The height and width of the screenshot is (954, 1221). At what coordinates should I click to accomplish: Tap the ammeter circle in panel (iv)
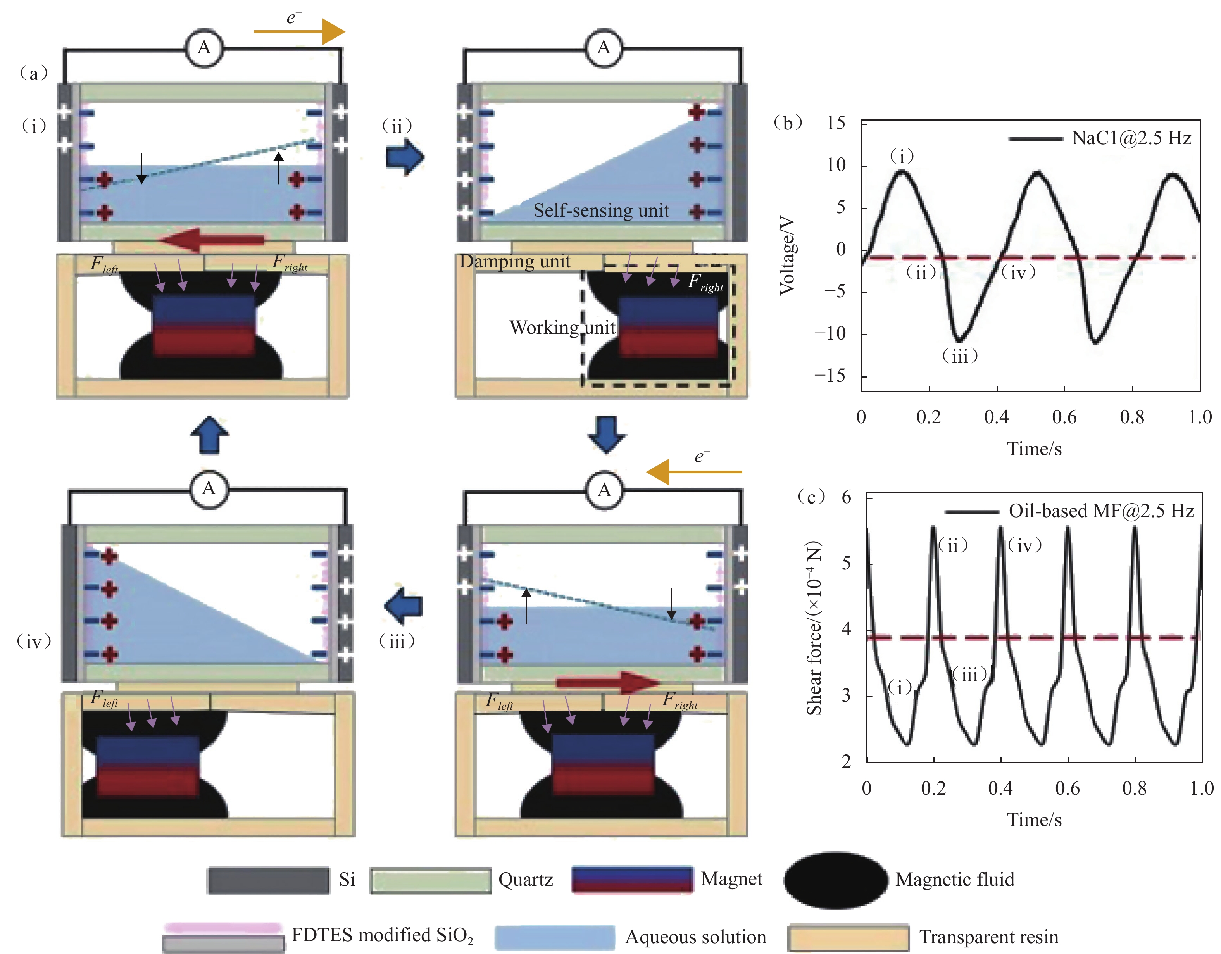pos(209,489)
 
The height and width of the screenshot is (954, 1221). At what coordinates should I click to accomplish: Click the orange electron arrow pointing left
pos(693,472)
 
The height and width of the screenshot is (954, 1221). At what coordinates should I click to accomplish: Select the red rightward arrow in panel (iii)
pos(608,681)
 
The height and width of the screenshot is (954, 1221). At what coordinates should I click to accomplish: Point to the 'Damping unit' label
pos(515,262)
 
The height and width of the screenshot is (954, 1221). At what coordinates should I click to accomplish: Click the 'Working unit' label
pos(562,328)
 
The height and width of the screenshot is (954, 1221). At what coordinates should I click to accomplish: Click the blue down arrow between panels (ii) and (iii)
pos(606,434)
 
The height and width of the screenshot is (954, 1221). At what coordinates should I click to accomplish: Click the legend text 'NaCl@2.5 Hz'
pos(1131,138)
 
